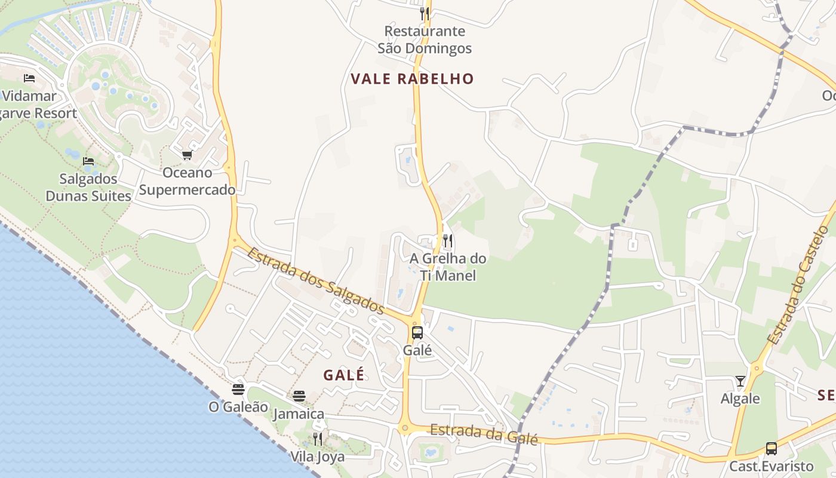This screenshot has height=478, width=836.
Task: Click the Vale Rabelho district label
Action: pyautogui.click(x=412, y=79)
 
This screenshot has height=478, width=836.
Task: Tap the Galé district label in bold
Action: pyautogui.click(x=344, y=375)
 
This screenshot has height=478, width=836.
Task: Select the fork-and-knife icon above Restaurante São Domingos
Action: pyautogui.click(x=425, y=13)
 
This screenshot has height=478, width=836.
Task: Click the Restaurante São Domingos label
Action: pyautogui.click(x=425, y=39)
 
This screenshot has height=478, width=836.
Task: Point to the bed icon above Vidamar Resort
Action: pyautogui.click(x=29, y=78)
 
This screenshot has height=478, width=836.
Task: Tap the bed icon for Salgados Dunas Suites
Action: pyautogui.click(x=88, y=161)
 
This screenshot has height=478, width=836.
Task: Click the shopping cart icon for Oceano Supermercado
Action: pyautogui.click(x=187, y=155)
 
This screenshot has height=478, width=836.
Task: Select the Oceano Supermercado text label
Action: pyautogui.click(x=187, y=182)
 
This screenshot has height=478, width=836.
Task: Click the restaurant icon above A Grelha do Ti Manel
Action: pyautogui.click(x=448, y=241)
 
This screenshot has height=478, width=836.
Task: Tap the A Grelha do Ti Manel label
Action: pyautogui.click(x=448, y=267)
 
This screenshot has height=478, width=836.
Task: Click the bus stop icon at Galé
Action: pyautogui.click(x=417, y=333)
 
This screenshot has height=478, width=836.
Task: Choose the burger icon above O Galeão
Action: pyautogui.click(x=238, y=390)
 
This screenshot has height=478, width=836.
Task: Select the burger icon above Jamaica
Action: pyautogui.click(x=299, y=396)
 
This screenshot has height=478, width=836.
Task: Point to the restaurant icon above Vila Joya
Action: pyautogui.click(x=318, y=439)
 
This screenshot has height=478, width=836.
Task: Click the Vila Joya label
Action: pyautogui.click(x=318, y=457)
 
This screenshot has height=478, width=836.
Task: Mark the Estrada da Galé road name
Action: pyautogui.click(x=484, y=434)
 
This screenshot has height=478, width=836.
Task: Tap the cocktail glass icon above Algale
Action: pyautogui.click(x=740, y=381)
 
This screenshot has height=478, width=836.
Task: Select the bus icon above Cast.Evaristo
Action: pyautogui.click(x=772, y=448)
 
